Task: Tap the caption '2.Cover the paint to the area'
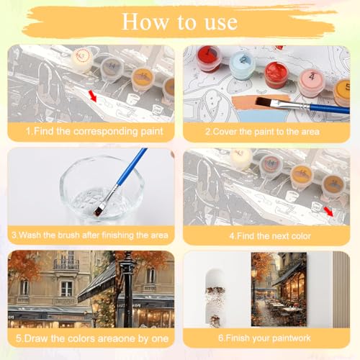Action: [266, 132]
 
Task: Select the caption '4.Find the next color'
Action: [266, 235]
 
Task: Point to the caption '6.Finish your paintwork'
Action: [266, 338]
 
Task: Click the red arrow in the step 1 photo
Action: [91, 94]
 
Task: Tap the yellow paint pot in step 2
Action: [343, 90]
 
